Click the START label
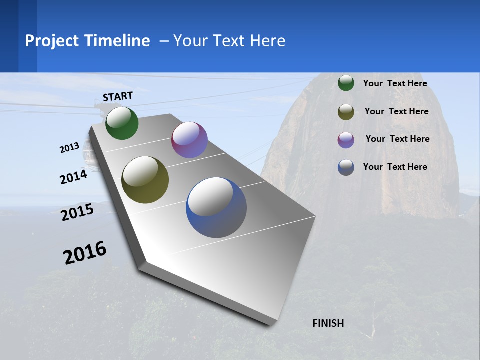click(x=118, y=96)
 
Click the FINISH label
click(x=328, y=323)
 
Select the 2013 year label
click(x=70, y=147)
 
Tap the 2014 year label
click(x=74, y=177)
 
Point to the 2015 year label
click(x=77, y=212)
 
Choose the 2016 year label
click(x=85, y=253)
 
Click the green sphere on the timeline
click(x=122, y=123)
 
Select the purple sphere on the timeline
click(x=189, y=140)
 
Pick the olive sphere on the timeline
click(x=145, y=180)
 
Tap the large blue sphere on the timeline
click(x=216, y=207)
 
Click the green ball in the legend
click(x=346, y=83)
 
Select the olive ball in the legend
click(x=346, y=112)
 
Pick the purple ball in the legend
click(x=346, y=140)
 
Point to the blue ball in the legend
click(x=346, y=167)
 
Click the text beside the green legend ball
click(x=395, y=83)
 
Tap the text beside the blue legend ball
click(x=395, y=167)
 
